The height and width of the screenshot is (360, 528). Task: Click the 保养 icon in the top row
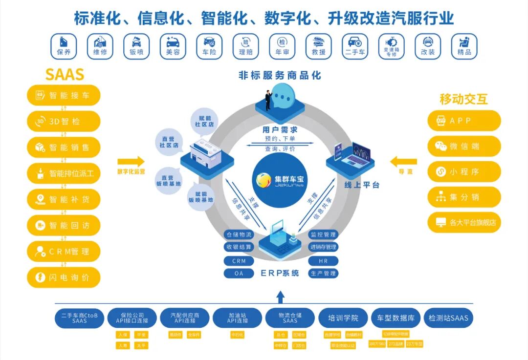pyautogui.click(x=64, y=46)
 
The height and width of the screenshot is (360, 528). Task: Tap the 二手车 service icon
pyautogui.click(x=355, y=46)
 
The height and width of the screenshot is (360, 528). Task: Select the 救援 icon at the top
pyautogui.click(x=318, y=46)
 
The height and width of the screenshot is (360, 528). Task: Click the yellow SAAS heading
pyautogui.click(x=65, y=74)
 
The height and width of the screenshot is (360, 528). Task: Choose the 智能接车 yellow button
pyautogui.click(x=64, y=95)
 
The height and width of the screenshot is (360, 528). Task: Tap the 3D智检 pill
pyautogui.click(x=64, y=122)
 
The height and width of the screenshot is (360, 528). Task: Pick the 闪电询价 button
pyautogui.click(x=64, y=277)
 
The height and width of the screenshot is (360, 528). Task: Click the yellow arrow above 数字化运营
pyautogui.click(x=131, y=161)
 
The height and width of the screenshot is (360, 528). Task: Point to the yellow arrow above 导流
pyautogui.click(x=403, y=161)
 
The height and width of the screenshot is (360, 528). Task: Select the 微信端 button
pyautogui.click(x=464, y=147)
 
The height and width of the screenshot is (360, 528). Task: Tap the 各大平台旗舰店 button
pyautogui.click(x=464, y=222)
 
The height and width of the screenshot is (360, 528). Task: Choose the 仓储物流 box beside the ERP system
pyautogui.click(x=239, y=234)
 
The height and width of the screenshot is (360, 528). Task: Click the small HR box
pyautogui.click(x=323, y=261)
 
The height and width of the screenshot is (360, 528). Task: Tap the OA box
pyautogui.click(x=239, y=274)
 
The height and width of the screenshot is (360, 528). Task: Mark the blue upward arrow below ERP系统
pyautogui.click(x=280, y=296)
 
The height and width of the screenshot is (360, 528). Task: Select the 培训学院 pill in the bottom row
pyautogui.click(x=343, y=318)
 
